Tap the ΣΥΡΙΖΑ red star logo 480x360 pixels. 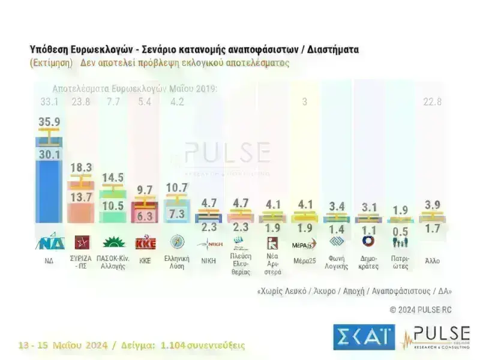tap(80, 242)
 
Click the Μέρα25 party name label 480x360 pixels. tap(305, 262)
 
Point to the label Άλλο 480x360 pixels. tap(432, 262)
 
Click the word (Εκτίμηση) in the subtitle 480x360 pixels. tap(51, 62)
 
